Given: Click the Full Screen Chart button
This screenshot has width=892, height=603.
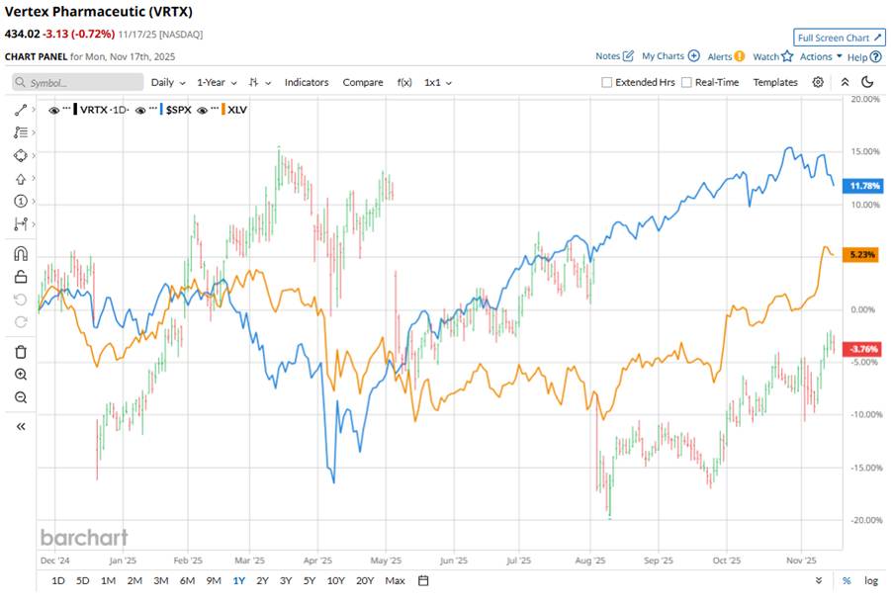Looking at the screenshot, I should pos(840,38).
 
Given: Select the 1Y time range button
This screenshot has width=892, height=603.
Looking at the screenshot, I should pos(238,580).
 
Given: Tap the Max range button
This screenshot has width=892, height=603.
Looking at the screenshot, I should pos(395,580).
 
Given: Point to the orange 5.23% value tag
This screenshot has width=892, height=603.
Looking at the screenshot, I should pos(864,254).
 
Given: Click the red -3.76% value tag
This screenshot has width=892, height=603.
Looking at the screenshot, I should pos(864,349).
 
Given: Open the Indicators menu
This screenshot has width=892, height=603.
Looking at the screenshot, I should pos(307,82).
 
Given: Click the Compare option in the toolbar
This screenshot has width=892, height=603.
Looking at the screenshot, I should pos(363,82).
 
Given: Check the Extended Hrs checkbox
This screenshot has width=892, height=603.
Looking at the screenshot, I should pos(606,83).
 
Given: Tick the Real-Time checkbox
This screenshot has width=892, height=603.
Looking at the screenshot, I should pos(686,83).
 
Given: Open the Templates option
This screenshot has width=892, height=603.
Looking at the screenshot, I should pos(775,82).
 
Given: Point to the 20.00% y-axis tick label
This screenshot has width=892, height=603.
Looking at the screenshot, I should pos(865,99).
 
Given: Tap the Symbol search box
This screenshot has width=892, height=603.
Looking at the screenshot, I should pos(74,83).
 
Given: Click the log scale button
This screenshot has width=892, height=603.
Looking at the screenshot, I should pos(870,580).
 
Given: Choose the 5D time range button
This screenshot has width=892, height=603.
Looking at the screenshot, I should pos(83,580).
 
